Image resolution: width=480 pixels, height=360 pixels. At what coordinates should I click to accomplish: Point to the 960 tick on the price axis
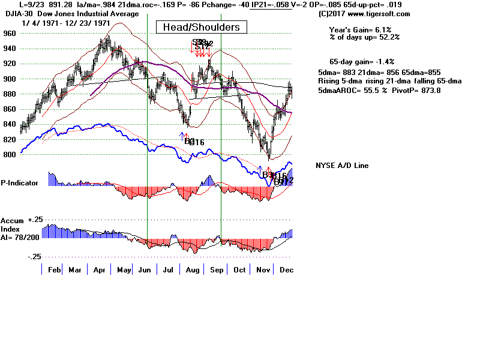click(8, 34)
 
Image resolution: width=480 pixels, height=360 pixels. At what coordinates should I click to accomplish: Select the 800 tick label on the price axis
click(8, 155)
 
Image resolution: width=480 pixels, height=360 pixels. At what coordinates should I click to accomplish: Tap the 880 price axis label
click(8, 94)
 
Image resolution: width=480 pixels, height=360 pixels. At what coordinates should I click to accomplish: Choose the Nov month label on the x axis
click(262, 270)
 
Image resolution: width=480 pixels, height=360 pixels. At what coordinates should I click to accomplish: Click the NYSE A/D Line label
click(342, 166)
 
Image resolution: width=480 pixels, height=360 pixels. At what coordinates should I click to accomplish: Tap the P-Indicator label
click(19, 182)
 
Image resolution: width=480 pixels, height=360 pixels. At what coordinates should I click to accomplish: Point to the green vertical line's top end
click(221, 14)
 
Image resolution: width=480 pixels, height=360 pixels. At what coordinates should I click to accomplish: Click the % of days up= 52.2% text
click(364, 37)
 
